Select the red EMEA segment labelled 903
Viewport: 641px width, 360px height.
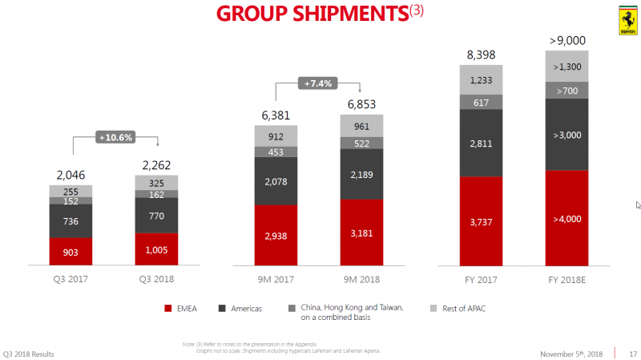click(71, 251)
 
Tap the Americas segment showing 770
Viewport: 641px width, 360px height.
click(156, 215)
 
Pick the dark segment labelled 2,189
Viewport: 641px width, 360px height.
click(361, 174)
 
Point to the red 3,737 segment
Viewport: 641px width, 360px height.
click(481, 220)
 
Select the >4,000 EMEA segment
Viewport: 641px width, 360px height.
click(566, 218)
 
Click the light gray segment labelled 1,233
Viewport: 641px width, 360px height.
click(481, 79)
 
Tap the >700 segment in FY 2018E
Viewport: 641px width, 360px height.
click(566, 90)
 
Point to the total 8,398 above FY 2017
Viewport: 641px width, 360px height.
click(481, 55)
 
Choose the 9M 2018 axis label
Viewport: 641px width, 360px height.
click(361, 279)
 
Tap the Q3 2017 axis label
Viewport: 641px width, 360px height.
click(71, 279)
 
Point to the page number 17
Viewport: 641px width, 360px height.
click(633, 353)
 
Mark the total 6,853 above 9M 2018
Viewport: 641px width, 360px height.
click(361, 104)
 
